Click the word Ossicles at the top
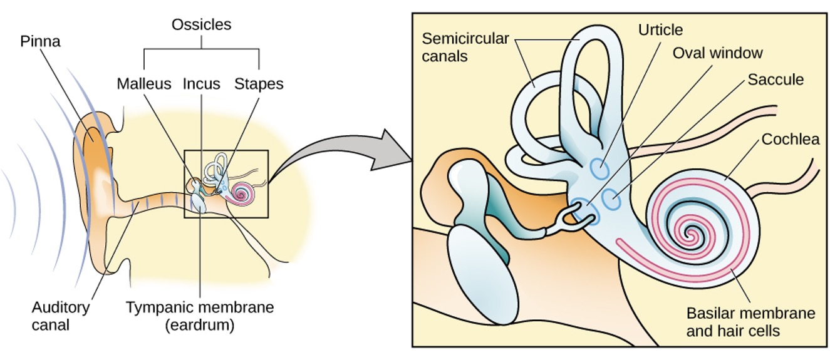tap(202, 26)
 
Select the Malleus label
tap(144, 83)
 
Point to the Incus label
tap(201, 83)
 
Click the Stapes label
tap(259, 83)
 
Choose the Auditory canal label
tap(60, 316)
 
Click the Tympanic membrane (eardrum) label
tap(200, 316)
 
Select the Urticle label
tap(660, 30)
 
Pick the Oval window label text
tap(717, 53)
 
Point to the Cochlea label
tap(790, 140)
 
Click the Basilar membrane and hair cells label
tap(750, 321)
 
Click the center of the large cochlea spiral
tap(692, 235)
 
